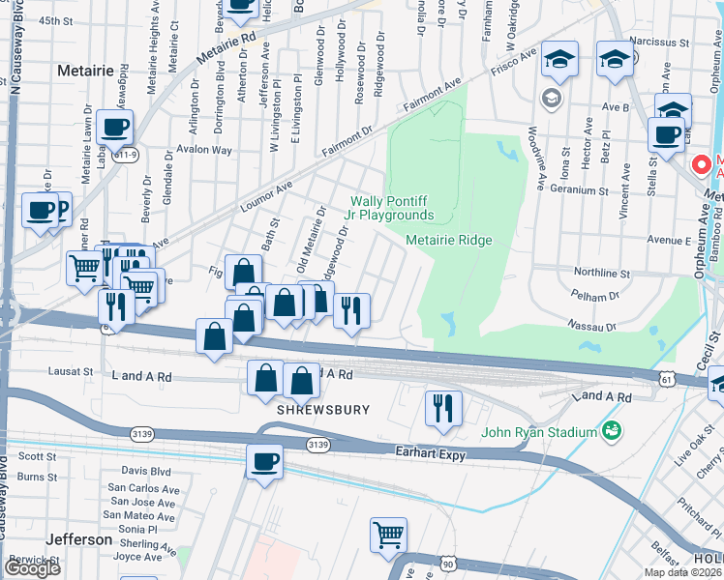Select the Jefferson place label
tap(79, 539)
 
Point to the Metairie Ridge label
tap(449, 240)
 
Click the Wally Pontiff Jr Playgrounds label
tap(392, 208)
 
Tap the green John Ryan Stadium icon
tap(611, 429)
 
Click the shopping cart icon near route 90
tap(388, 535)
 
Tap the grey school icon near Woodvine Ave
tap(550, 97)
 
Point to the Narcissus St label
tap(657, 43)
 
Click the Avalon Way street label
tap(202, 150)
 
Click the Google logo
tap(33, 568)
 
